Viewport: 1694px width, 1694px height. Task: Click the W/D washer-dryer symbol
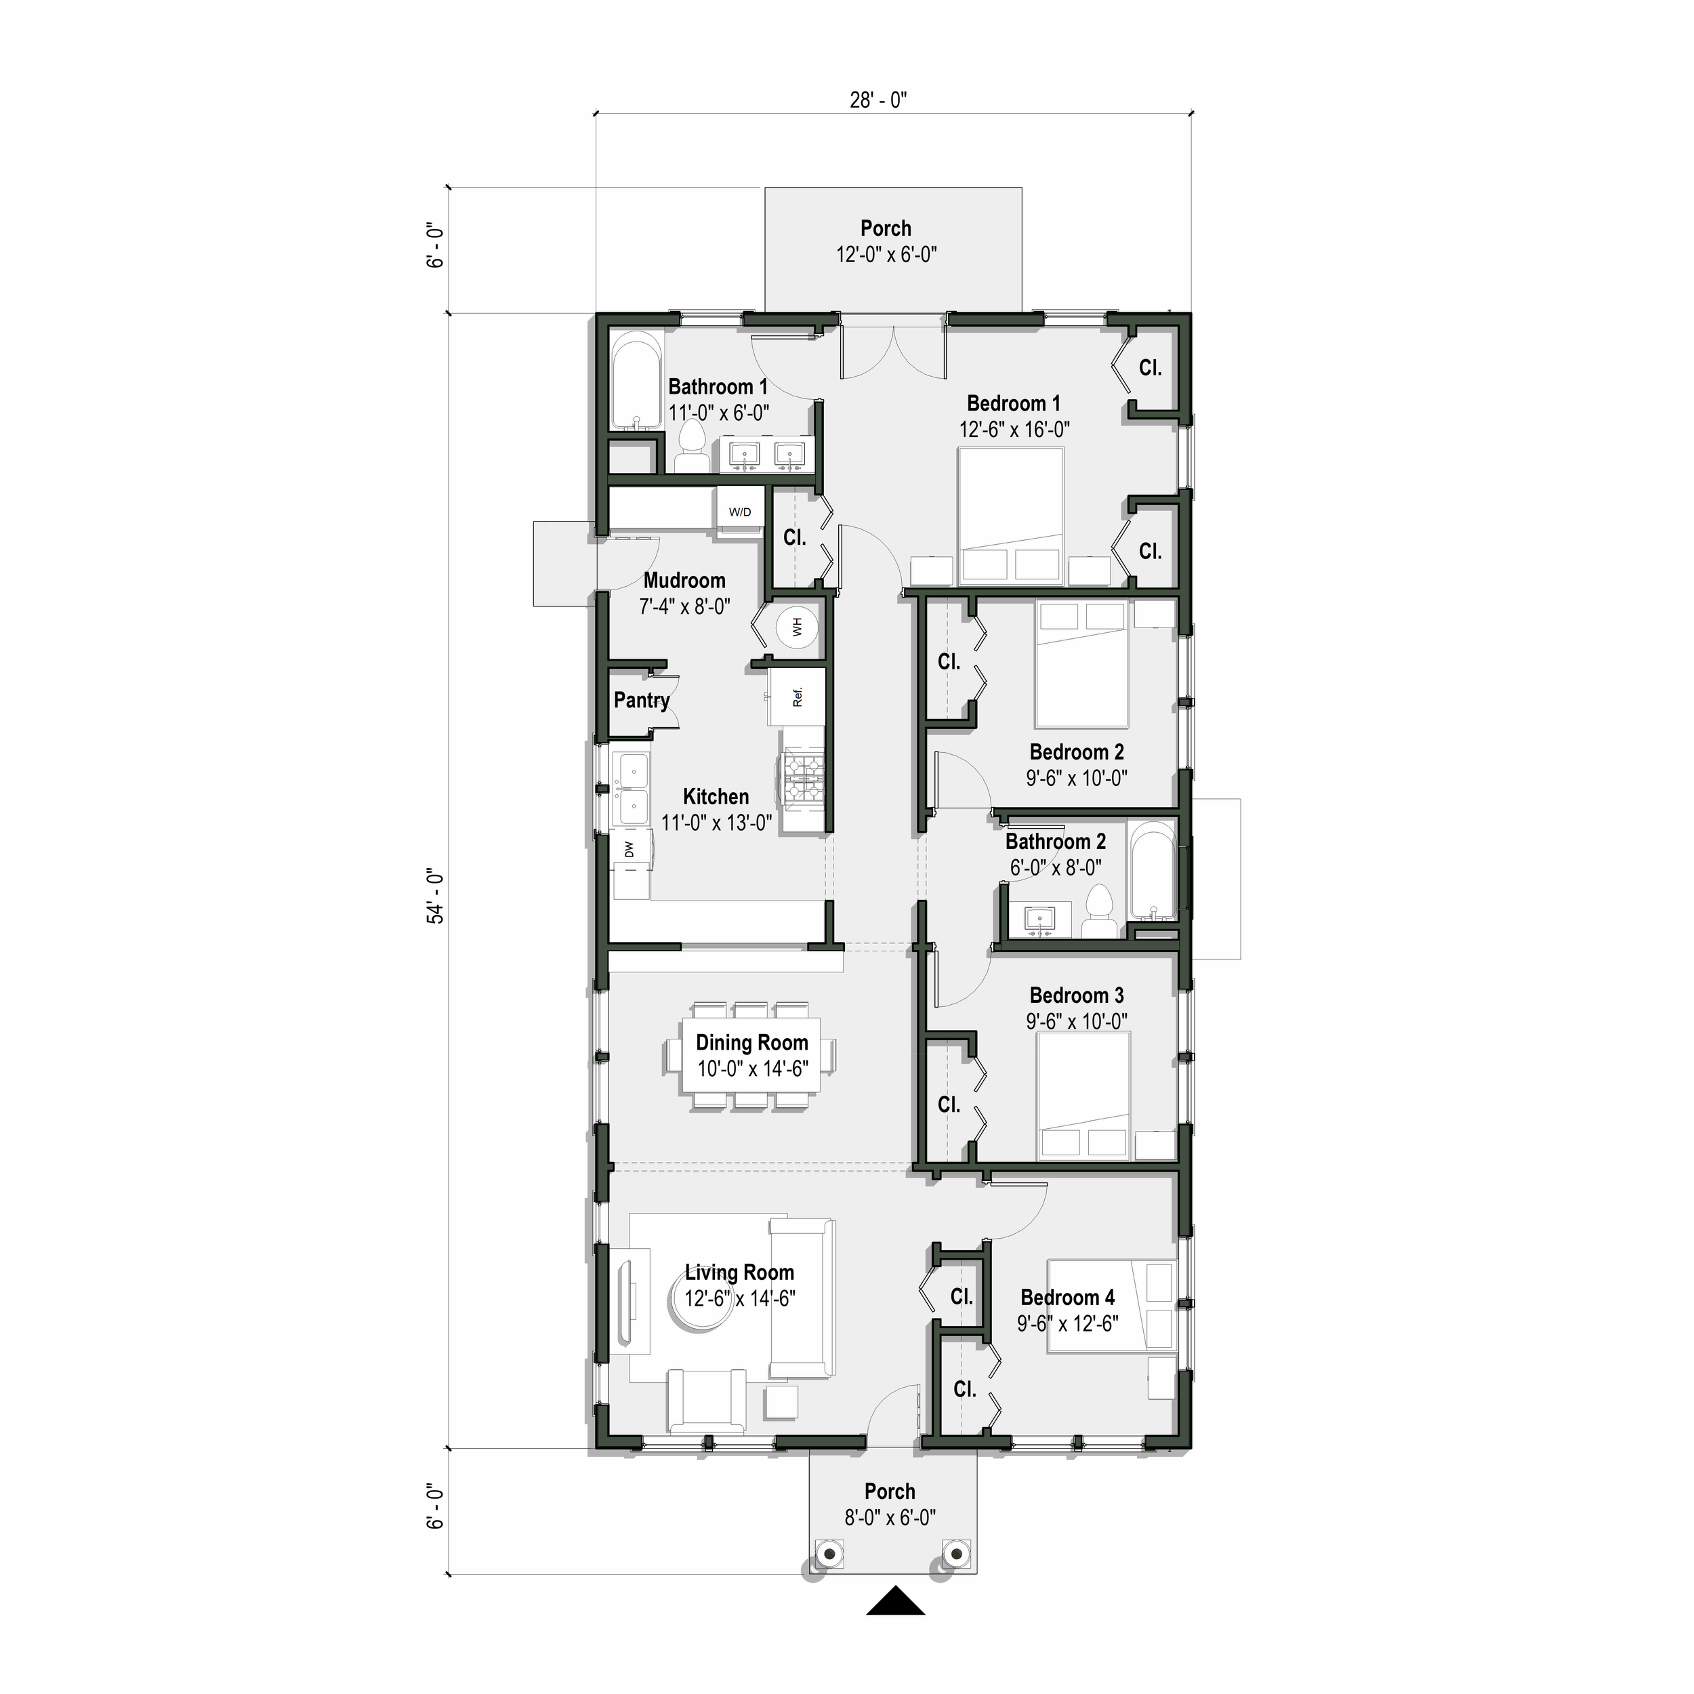740,512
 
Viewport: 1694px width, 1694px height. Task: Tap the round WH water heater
796,627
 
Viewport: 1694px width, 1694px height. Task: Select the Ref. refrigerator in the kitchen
797,697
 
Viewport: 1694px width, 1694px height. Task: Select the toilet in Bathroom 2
1098,912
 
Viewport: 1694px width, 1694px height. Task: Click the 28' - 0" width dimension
877,100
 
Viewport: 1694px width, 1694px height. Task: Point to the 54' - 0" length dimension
436,896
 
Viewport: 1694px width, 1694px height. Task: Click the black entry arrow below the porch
895,1625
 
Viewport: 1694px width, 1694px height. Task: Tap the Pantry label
641,701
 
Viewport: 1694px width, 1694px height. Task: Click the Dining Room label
751,1043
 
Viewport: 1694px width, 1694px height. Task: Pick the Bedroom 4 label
1067,1297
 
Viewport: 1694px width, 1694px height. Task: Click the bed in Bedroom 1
1010,516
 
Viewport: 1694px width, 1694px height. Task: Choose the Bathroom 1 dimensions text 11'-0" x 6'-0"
719,413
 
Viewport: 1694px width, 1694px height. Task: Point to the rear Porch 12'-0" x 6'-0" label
886,241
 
